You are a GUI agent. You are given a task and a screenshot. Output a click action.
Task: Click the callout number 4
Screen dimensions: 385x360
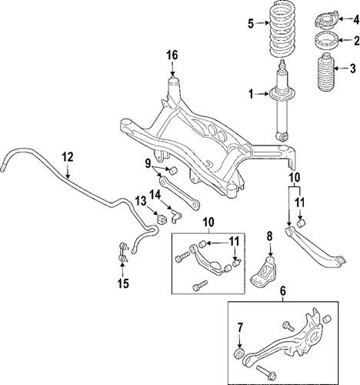point(345,19)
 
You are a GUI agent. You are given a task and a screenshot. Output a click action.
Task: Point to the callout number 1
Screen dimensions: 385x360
point(249,95)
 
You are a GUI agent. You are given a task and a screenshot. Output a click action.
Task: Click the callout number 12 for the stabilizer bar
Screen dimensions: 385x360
point(68,157)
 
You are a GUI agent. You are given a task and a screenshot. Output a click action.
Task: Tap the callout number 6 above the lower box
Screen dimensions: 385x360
point(283,292)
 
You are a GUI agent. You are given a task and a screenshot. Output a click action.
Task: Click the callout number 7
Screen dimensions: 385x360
point(239,327)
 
